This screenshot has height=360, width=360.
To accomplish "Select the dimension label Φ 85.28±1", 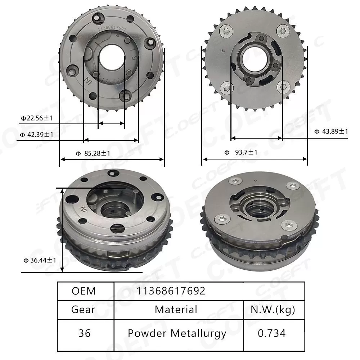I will [x=93, y=153].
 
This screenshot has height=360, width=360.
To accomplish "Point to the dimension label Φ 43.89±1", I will [x=331, y=131].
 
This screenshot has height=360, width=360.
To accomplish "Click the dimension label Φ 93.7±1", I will [x=241, y=152].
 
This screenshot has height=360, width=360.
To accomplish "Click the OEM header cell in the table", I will [x=84, y=291].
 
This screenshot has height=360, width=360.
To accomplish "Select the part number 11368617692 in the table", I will [x=171, y=291].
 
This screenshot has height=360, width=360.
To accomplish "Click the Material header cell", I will [x=176, y=309].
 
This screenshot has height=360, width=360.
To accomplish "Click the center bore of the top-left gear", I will [x=112, y=57].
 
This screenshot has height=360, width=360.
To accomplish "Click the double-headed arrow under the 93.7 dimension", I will [x=254, y=159].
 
